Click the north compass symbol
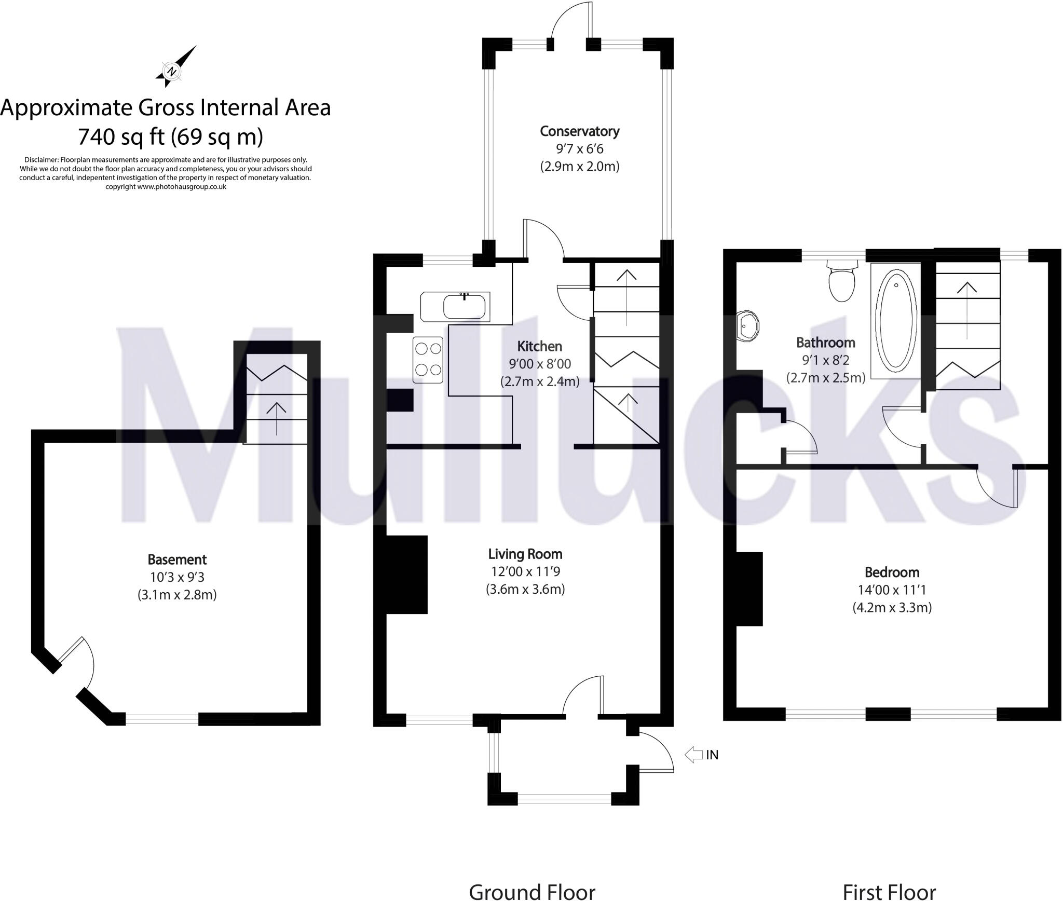tap(173, 70)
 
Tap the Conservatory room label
tap(579, 131)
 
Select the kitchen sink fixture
tap(465, 306)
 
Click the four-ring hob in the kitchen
tap(428, 360)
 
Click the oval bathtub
tap(895, 320)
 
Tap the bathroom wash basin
tap(747, 326)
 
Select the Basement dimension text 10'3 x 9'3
tap(177, 577)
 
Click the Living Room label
tap(525, 554)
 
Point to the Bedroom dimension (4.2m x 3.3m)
tap(892, 607)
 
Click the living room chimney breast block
tap(406, 575)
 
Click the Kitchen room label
tap(539, 346)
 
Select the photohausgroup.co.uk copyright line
tap(166, 187)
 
